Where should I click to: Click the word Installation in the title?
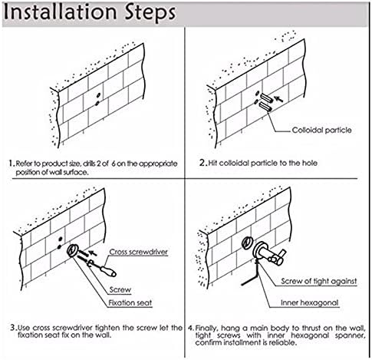pos(60,12)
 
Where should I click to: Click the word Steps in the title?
pos(150,13)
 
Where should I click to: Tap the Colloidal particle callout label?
pos(321,130)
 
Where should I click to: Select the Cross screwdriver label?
pos(139,252)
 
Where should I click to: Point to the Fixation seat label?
pos(130,302)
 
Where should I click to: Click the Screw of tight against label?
pos(319,281)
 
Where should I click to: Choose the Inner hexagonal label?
pos(310,302)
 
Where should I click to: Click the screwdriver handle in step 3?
pos(108,272)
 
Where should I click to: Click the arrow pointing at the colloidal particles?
pos(278,99)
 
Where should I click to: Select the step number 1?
pos(12,163)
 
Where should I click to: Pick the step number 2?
pos(202,163)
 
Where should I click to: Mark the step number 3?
pos(14,328)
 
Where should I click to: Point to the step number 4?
pos(191,328)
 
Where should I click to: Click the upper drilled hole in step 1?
pos(98,95)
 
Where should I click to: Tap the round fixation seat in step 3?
pos(73,250)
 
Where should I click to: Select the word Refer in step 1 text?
pos(22,163)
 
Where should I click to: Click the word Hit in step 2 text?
pos(213,163)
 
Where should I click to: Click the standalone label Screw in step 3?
pos(120,289)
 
